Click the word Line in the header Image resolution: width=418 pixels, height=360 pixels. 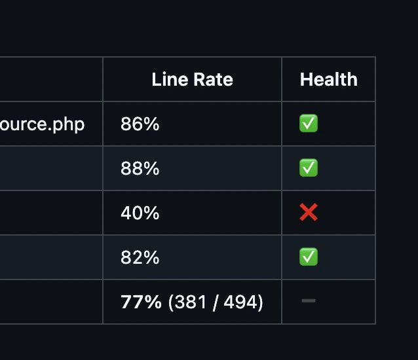[x=166, y=80]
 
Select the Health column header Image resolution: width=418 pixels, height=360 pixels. [x=328, y=80]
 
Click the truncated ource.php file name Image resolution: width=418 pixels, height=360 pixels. [x=43, y=124]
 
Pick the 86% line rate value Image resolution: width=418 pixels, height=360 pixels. [x=140, y=124]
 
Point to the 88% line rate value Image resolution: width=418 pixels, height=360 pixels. [x=140, y=169]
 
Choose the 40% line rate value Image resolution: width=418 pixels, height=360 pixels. [x=140, y=213]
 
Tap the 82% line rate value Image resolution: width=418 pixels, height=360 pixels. [x=140, y=258]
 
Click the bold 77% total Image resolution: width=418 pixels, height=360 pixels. [x=141, y=302]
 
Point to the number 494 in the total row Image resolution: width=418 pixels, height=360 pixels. [x=240, y=302]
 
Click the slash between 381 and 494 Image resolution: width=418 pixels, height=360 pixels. [x=215, y=302]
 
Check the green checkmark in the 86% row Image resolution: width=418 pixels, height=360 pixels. [x=309, y=124]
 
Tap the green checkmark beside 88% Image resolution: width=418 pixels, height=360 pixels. [x=309, y=168]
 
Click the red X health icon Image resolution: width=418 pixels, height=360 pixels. [x=309, y=213]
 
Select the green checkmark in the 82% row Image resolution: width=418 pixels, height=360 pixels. [x=309, y=257]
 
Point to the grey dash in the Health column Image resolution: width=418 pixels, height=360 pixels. [x=309, y=301]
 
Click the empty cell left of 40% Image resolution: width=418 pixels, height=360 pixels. [x=51, y=213]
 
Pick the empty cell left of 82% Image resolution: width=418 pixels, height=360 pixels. [x=51, y=258]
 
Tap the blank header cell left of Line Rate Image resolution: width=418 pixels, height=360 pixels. [x=51, y=80]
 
